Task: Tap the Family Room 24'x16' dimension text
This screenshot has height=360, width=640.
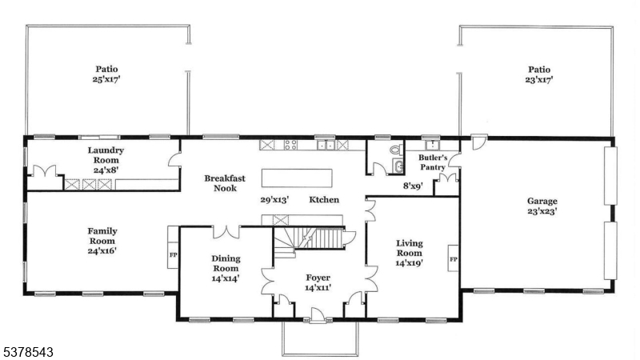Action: pyautogui.click(x=102, y=250)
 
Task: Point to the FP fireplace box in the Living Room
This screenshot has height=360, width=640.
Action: pyautogui.click(x=453, y=260)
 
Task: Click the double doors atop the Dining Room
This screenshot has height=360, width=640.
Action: pyautogui.click(x=226, y=232)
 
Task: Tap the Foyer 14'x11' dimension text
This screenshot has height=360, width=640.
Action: pyautogui.click(x=318, y=288)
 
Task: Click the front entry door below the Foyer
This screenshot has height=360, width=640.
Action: pyautogui.click(x=318, y=319)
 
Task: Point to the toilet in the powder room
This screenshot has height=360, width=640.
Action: pyautogui.click(x=394, y=150)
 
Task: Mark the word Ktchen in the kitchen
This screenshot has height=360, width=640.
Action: pyautogui.click(x=325, y=199)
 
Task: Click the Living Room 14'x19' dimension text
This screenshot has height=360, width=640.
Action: pyautogui.click(x=409, y=262)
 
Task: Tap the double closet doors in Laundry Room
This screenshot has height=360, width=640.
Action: pyautogui.click(x=50, y=171)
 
